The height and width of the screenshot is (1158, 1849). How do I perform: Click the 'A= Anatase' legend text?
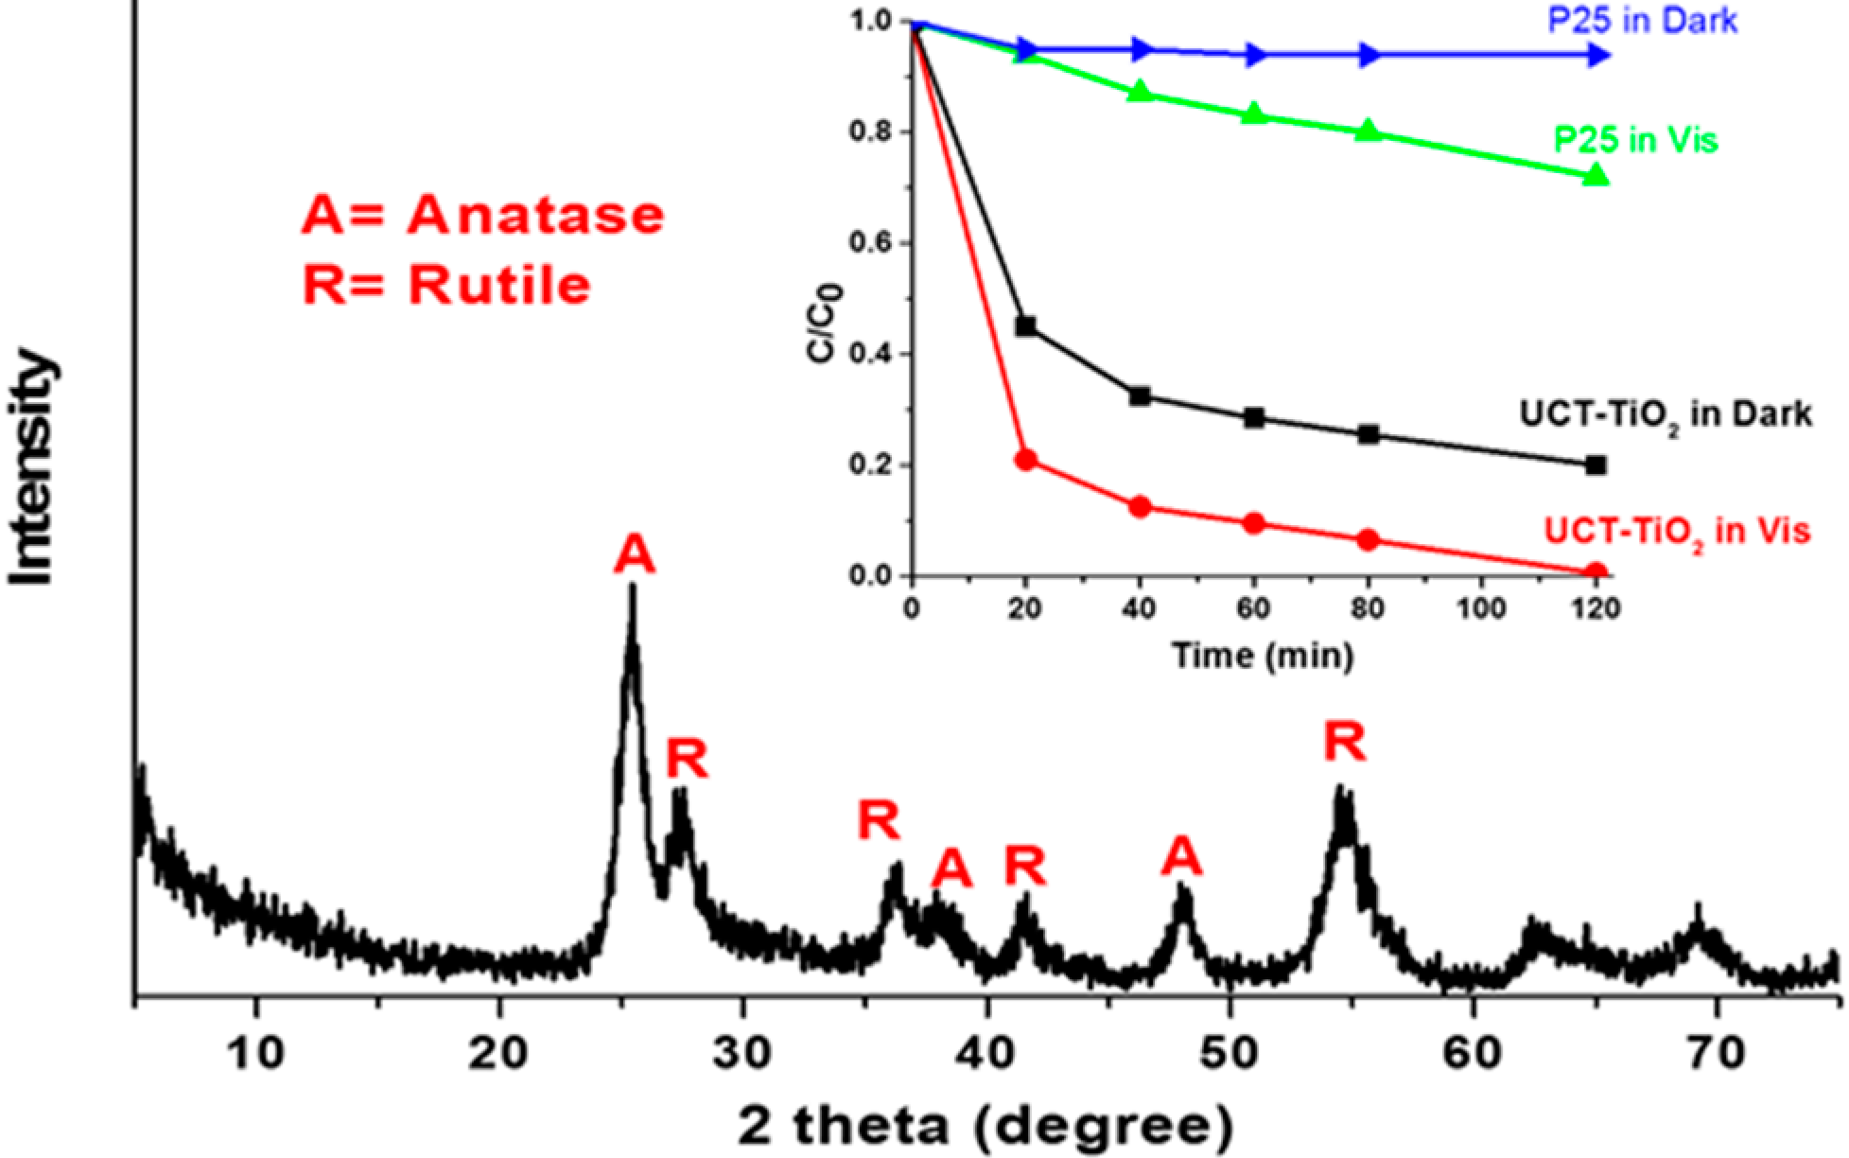click(482, 216)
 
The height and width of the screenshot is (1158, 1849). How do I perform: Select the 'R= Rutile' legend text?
click(446, 285)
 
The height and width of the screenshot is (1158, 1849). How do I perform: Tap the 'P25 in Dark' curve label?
click(1642, 20)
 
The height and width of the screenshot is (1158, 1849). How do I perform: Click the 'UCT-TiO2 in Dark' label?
click(1666, 414)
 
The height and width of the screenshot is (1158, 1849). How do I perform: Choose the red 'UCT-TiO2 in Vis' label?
click(1677, 531)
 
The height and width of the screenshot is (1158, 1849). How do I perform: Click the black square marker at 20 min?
click(1025, 327)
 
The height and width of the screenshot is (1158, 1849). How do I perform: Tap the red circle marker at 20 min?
click(1025, 461)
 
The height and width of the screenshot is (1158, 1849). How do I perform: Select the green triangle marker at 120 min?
click(1596, 175)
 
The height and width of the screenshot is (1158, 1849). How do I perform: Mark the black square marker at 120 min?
click(1596, 465)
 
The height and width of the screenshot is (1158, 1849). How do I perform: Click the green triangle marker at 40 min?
click(1141, 92)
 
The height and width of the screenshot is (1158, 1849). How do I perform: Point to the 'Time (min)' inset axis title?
click(1263, 655)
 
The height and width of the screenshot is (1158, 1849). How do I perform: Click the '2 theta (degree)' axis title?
click(986, 1126)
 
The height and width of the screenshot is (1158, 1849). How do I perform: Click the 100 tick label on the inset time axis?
click(1481, 607)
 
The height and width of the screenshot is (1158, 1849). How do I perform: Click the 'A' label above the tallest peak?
click(634, 554)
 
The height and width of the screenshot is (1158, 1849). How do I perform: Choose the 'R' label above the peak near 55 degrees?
click(1344, 742)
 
